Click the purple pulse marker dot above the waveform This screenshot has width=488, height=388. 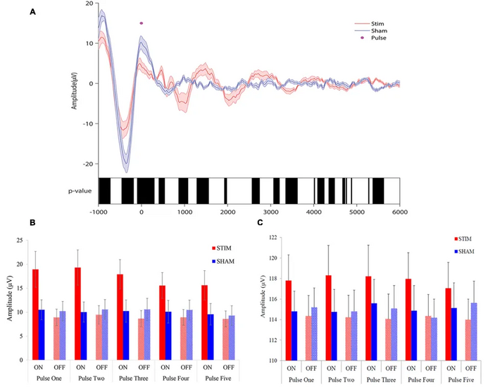point(142,23)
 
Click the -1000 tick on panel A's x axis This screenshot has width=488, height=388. point(99,210)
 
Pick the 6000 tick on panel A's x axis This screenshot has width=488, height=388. point(399,210)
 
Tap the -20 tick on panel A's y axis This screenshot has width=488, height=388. point(88,164)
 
